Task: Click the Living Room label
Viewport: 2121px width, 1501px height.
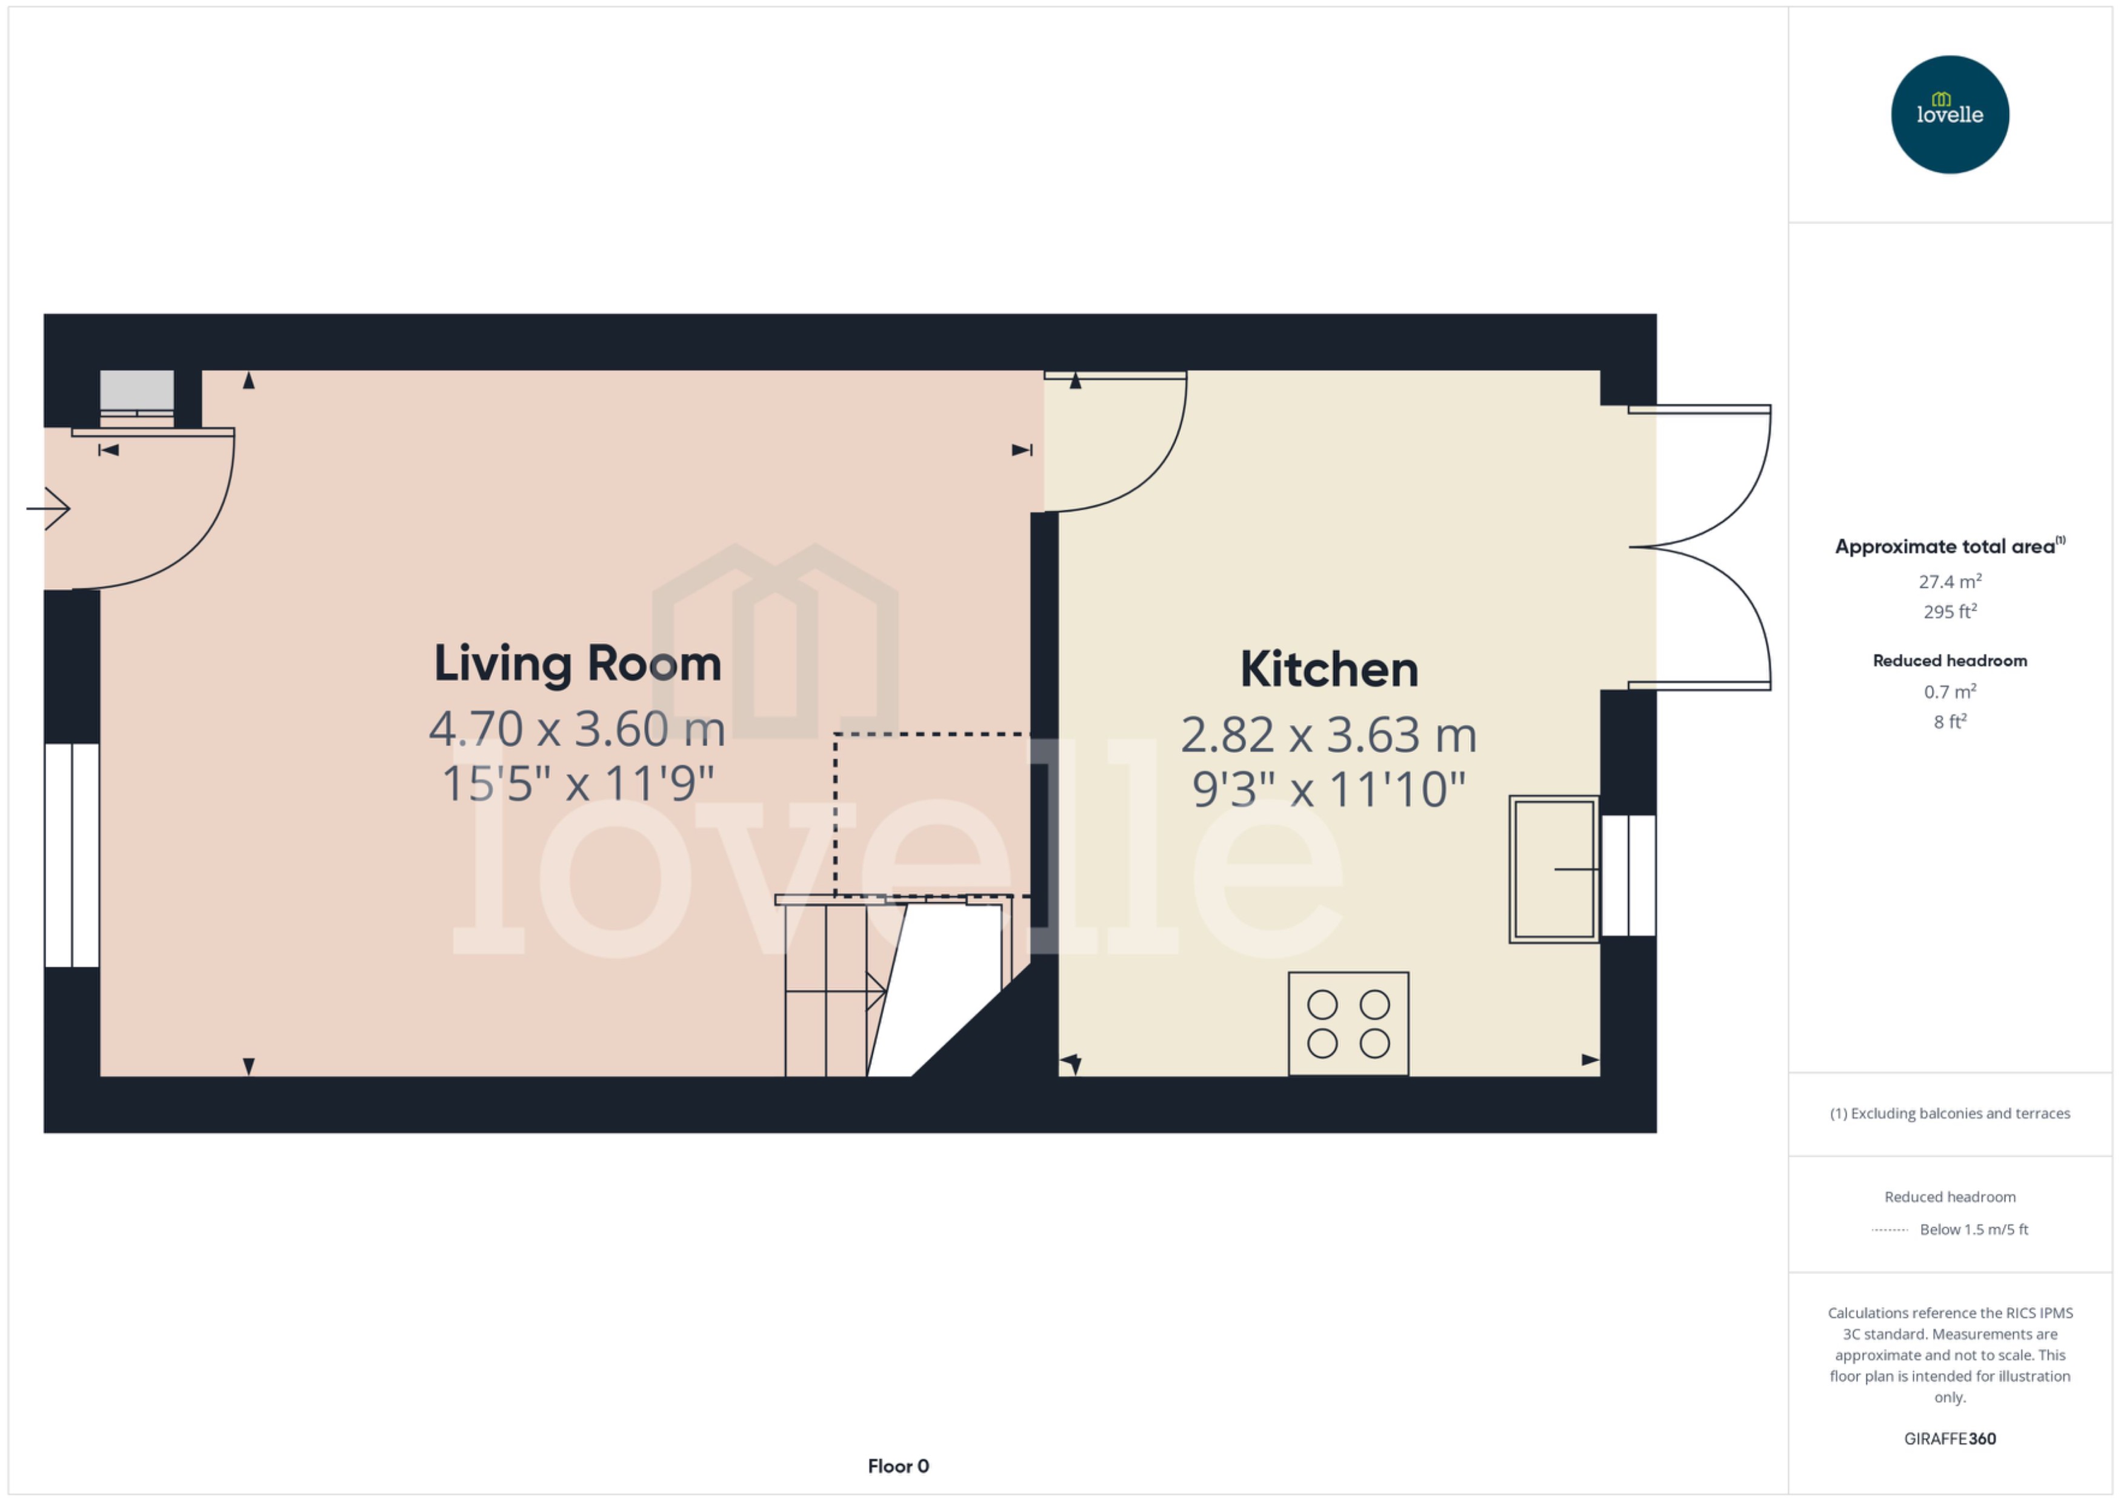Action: click(x=578, y=665)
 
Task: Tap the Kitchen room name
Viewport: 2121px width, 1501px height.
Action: click(x=1328, y=670)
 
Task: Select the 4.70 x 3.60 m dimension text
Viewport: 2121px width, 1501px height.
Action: click(x=578, y=729)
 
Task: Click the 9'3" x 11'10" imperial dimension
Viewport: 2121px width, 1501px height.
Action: click(x=1328, y=790)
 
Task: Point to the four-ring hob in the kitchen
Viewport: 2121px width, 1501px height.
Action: click(x=1348, y=1023)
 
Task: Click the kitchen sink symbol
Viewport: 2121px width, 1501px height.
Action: click(x=1554, y=869)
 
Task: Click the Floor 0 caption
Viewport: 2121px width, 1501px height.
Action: click(x=897, y=1466)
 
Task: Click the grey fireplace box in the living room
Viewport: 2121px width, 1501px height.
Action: click(x=137, y=392)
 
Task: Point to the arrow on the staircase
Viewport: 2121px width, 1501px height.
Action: click(x=873, y=992)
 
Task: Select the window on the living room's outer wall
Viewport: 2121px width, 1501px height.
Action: click(x=72, y=855)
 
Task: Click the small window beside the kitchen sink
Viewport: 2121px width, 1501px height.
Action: click(x=1628, y=875)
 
